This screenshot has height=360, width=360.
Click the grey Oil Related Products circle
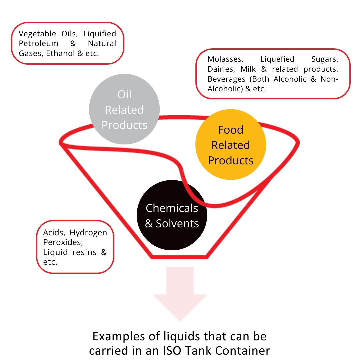point(124,109)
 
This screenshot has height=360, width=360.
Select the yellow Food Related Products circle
point(231,145)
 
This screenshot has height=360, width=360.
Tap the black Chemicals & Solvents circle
point(172,215)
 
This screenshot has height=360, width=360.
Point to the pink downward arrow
point(180,294)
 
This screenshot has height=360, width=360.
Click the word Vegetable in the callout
point(37,34)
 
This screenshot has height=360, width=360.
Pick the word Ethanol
point(61,53)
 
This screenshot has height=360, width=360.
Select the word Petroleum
point(39,43)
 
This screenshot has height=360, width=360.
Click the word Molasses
point(225,59)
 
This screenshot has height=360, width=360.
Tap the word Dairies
point(221,69)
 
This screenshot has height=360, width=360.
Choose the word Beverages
point(227,79)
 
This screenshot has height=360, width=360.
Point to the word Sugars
point(325,59)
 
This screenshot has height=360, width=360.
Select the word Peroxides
point(63,242)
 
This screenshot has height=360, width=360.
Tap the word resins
point(84,252)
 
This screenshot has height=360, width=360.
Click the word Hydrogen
point(88,233)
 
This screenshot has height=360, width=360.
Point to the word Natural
point(102,43)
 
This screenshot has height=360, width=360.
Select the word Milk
point(248,69)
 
